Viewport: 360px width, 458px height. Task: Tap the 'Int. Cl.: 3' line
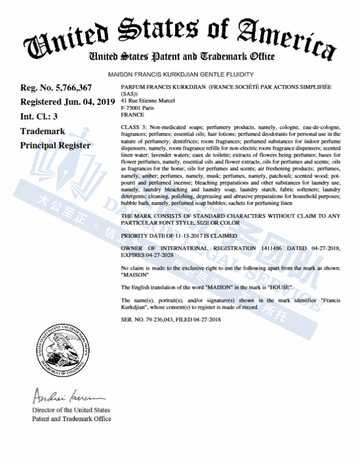point(39,117)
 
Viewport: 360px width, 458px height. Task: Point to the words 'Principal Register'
point(55,145)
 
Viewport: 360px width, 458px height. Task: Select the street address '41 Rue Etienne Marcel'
point(148,100)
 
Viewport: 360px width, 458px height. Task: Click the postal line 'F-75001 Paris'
point(137,107)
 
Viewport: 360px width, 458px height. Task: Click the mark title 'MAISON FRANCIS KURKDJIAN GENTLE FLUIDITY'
point(180,74)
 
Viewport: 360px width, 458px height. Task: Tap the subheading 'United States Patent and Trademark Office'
point(181,57)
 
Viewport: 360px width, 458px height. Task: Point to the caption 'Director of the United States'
point(71,410)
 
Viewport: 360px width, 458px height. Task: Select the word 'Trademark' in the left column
point(43,131)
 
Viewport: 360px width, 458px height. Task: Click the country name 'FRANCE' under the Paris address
point(132,114)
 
